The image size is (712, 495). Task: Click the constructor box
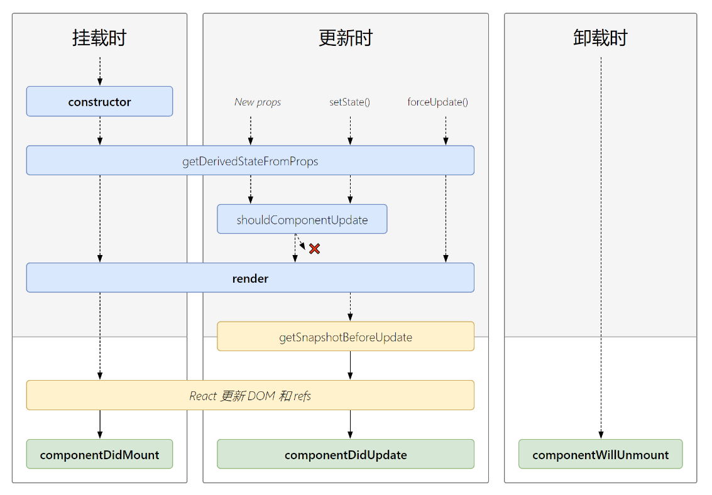(99, 102)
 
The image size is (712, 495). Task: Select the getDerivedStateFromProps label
(250, 161)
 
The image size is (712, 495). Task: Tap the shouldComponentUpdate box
(302, 220)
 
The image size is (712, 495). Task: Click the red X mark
(314, 249)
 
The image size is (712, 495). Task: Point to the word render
(250, 278)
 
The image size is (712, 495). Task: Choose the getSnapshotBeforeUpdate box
(345, 337)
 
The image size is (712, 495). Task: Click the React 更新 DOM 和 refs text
(250, 396)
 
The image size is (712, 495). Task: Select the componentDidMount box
(99, 455)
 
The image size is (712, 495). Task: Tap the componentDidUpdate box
(345, 455)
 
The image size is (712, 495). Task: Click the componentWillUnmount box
(600, 455)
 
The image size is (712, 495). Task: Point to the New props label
(258, 102)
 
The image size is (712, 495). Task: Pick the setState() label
(349, 102)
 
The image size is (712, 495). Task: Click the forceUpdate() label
(437, 102)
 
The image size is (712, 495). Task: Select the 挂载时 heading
(99, 38)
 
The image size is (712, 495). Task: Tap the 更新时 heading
(345, 38)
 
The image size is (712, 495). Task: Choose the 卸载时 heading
(600, 38)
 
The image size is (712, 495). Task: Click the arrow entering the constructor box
(99, 71)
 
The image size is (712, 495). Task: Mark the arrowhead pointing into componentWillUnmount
(601, 435)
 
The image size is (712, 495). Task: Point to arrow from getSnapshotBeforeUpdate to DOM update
(350, 366)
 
